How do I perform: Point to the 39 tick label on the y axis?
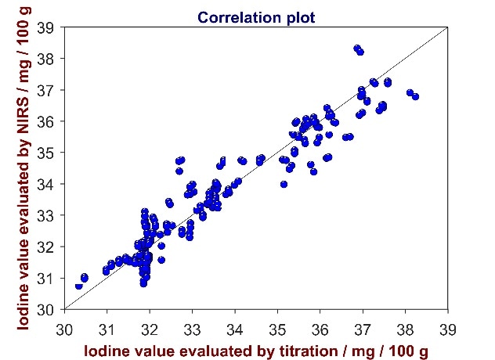(x=47, y=28)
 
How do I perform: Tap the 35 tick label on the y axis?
(x=47, y=153)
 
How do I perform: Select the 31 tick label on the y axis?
(x=47, y=279)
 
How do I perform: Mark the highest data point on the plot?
(x=357, y=49)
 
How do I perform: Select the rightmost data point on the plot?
(x=415, y=97)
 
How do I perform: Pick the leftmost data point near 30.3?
(x=78, y=286)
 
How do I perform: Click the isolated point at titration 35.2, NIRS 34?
(x=284, y=185)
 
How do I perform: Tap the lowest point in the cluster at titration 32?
(x=143, y=283)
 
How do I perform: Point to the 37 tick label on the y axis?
(x=47, y=91)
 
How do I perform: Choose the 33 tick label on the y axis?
(x=47, y=216)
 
